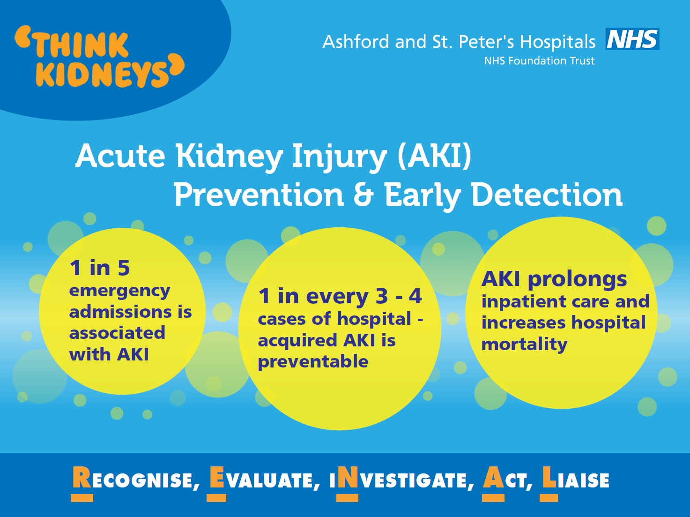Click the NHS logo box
(632, 39)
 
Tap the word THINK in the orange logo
(82, 45)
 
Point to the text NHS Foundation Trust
(539, 60)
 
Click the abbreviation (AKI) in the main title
(435, 156)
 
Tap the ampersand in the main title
(364, 195)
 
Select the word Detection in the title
(547, 195)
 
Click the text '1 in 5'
(100, 268)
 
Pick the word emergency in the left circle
(119, 291)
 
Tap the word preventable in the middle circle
(313, 362)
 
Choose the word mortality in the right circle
(524, 345)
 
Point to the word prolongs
(577, 280)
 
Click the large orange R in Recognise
(82, 477)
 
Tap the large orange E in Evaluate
(217, 477)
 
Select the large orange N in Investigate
(347, 477)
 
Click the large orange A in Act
(494, 477)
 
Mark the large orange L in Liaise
(549, 477)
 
